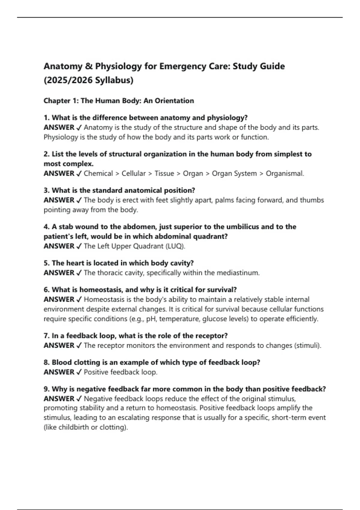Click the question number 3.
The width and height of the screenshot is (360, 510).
tap(46, 190)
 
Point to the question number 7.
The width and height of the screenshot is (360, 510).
tap(46, 336)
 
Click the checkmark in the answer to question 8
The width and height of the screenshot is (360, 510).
tap(79, 372)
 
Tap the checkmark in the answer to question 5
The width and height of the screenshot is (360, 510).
tap(79, 273)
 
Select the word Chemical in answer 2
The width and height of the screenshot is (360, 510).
tap(98, 173)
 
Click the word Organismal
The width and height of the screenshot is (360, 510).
tap(285, 173)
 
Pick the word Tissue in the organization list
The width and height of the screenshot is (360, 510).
tap(164, 173)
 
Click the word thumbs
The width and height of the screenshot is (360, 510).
tap(312, 200)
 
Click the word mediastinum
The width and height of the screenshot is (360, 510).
tap(238, 273)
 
